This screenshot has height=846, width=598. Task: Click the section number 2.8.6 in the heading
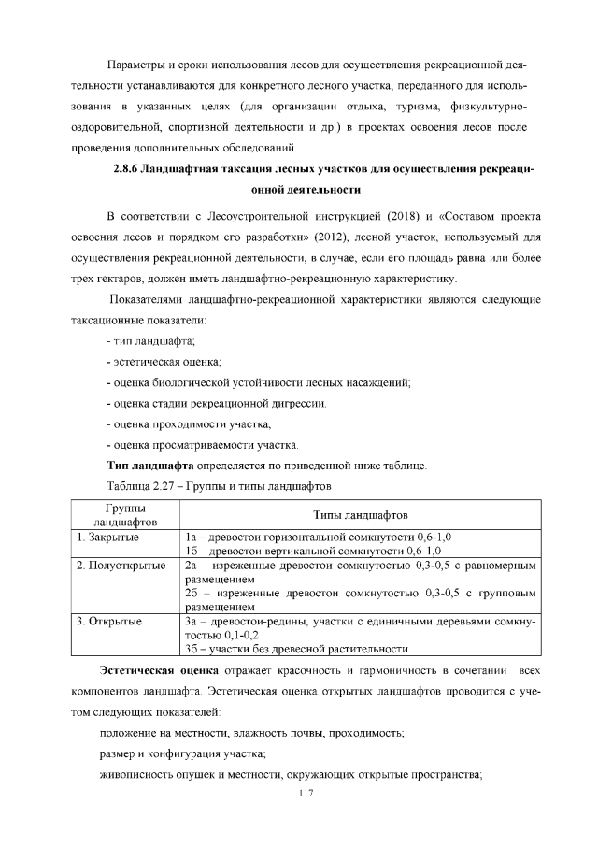point(127,169)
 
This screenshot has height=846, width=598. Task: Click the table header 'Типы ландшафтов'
point(359,514)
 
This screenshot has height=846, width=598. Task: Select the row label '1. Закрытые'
point(108,538)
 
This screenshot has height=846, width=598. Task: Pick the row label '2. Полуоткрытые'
point(121,566)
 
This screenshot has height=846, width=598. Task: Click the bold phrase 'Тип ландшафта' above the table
point(149,465)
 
